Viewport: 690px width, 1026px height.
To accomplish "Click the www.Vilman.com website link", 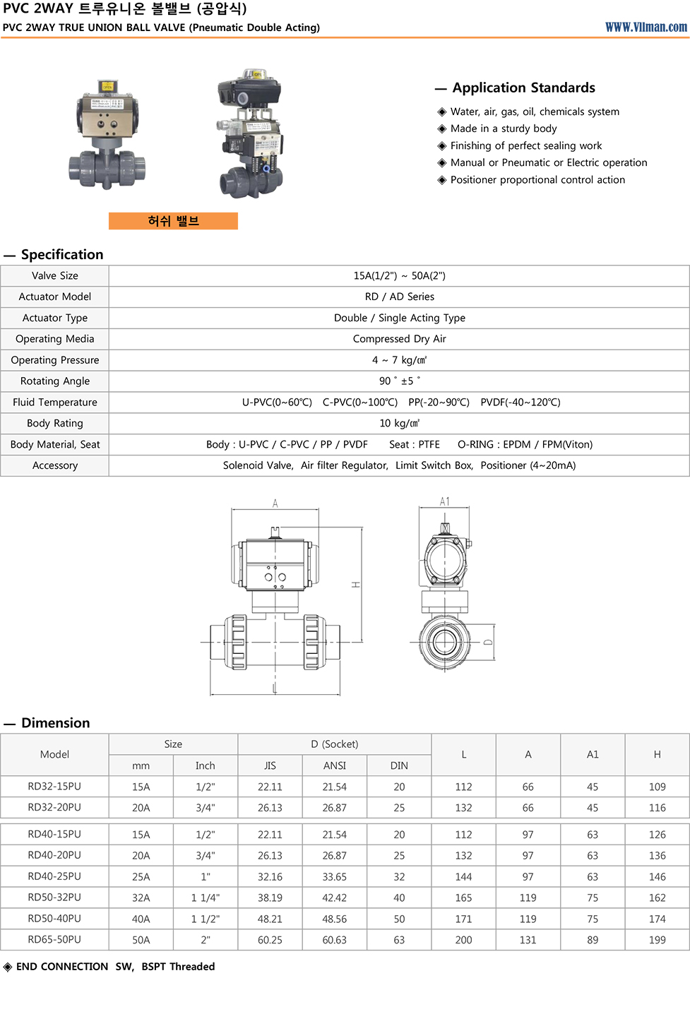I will pyautogui.click(x=646, y=27).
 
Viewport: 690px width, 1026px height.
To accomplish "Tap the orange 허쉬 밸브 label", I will pyautogui.click(x=173, y=221).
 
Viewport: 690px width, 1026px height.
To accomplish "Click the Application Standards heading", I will pyautogui.click(x=523, y=88).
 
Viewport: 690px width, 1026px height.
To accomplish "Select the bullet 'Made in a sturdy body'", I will pyautogui.click(x=503, y=129).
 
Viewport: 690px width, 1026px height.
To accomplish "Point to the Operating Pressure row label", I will pyautogui.click(x=55, y=360).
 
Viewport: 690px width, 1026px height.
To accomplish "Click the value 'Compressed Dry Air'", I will pyautogui.click(x=399, y=339).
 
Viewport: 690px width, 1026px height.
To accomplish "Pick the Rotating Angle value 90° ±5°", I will pyautogui.click(x=399, y=381).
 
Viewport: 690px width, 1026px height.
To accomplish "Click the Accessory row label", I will pyautogui.click(x=55, y=465).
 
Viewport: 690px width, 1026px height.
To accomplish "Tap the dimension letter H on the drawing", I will pyautogui.click(x=356, y=585).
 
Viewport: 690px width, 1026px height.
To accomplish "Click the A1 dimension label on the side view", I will pyautogui.click(x=444, y=502).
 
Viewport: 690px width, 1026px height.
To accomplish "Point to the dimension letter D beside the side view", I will pyautogui.click(x=488, y=643).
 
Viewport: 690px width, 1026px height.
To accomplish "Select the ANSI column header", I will pyautogui.click(x=334, y=765).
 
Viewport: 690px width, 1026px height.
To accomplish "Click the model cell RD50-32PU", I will pyautogui.click(x=54, y=897).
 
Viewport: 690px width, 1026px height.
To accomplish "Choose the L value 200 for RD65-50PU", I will pyautogui.click(x=463, y=940).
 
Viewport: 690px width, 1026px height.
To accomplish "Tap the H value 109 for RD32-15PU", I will pyautogui.click(x=657, y=787).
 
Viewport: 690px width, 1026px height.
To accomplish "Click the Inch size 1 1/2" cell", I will pyautogui.click(x=205, y=919).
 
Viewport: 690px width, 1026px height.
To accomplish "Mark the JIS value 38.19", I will pyautogui.click(x=270, y=897).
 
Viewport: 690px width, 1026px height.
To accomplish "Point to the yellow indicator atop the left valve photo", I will pyautogui.click(x=107, y=86).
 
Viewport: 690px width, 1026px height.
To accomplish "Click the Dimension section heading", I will pyautogui.click(x=55, y=723).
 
